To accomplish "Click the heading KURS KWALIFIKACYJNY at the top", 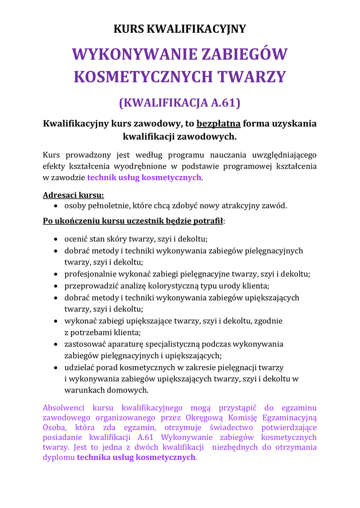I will tap(180, 29).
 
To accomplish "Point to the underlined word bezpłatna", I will tap(219, 124).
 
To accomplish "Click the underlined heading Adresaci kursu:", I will tap(73, 195).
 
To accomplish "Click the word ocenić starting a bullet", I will tap(77, 239).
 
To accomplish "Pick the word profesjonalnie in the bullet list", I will tap(91, 274).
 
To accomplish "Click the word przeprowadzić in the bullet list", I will tap(92, 286).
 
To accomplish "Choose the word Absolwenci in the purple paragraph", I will tap(64, 408).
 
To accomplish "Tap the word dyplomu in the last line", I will tap(59, 457).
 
